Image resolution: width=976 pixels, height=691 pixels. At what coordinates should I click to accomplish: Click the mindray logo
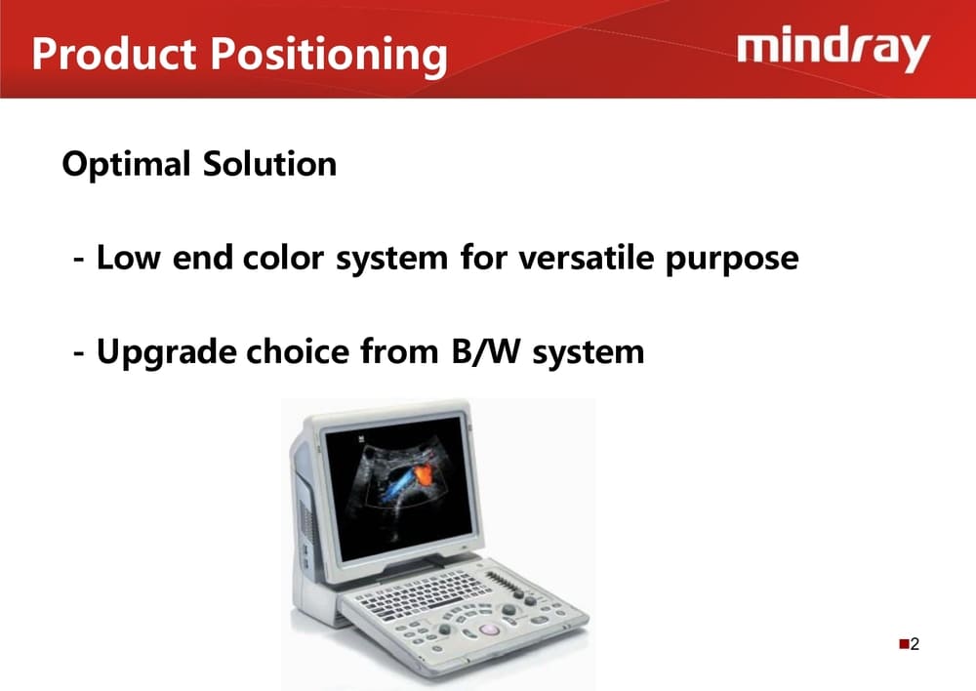(834, 49)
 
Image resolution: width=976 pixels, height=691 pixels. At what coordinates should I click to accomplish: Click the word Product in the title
(114, 53)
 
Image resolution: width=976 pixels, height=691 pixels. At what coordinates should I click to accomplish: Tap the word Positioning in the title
(329, 56)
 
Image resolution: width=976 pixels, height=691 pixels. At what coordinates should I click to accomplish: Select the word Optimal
(126, 164)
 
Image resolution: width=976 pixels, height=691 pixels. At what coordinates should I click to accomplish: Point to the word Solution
(269, 164)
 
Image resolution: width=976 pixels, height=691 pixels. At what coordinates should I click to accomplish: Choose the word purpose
(732, 261)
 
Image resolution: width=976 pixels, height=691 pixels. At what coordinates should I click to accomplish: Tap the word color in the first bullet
(283, 257)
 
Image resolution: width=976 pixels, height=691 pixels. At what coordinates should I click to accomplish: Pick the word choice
(298, 351)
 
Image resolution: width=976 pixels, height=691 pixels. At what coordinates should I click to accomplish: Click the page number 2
(915, 644)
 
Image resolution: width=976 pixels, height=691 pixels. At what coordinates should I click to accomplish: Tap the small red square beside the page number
(904, 644)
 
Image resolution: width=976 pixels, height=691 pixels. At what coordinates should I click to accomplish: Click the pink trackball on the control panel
(490, 630)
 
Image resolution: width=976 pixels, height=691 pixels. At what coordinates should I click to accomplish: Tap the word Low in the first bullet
(129, 257)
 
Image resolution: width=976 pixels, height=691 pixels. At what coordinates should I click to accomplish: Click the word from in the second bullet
(399, 351)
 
